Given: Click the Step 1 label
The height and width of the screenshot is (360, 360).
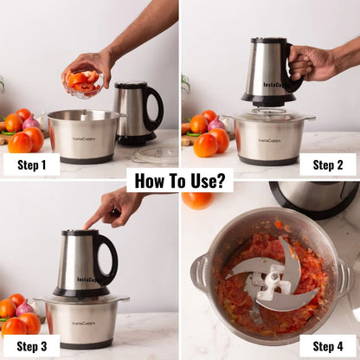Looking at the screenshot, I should coord(31,164).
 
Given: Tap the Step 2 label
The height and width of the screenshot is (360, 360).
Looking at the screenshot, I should coord(328,164).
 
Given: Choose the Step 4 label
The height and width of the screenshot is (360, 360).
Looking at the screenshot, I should coord(328,346).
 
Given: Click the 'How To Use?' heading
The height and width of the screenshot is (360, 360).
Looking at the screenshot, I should coord(180,181).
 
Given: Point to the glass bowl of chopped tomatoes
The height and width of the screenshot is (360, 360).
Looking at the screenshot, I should coord(84,82).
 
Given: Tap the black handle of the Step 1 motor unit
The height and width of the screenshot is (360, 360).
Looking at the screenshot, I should coord(156,108).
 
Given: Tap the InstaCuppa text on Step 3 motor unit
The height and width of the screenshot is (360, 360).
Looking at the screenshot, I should coord(87,279).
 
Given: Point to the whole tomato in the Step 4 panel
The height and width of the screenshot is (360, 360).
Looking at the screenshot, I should coord(197,200).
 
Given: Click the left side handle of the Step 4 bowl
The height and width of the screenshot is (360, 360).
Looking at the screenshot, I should coord(199,273).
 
